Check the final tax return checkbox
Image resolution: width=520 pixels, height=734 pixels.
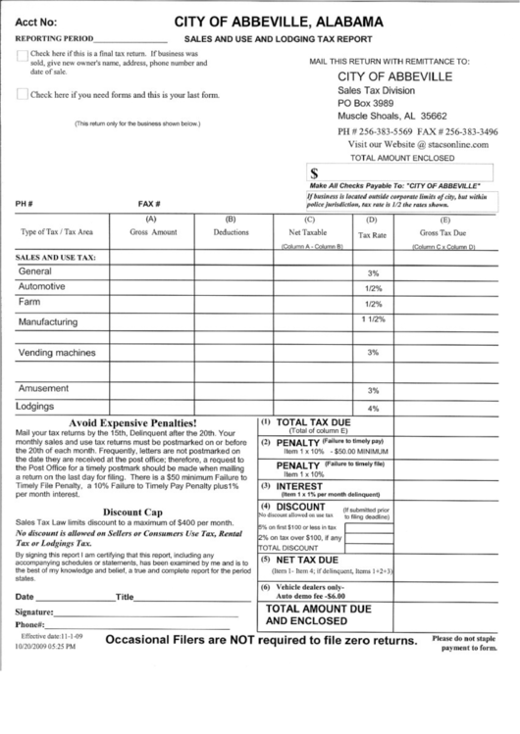[23, 56]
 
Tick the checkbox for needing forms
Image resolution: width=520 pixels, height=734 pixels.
[23, 95]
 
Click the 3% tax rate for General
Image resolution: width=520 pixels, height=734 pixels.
[373, 272]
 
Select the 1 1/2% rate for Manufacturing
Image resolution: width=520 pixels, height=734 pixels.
[373, 320]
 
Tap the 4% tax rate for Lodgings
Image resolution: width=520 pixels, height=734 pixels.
[373, 407]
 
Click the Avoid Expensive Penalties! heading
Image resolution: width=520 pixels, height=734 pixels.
[133, 421]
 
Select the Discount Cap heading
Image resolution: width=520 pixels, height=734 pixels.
[132, 512]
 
